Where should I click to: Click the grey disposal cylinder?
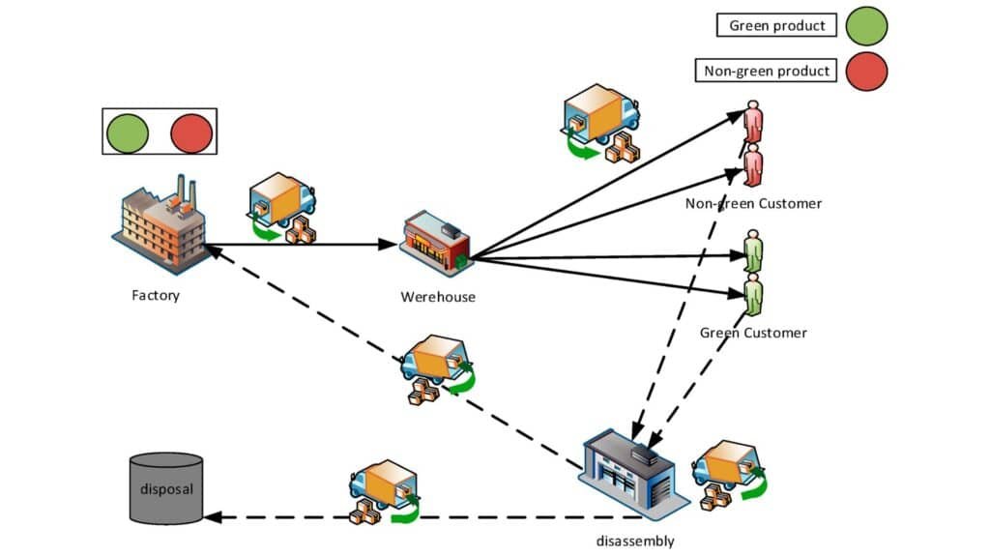pos(165,487)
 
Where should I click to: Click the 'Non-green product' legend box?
pos(766,71)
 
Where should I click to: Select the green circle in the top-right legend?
pos(865,26)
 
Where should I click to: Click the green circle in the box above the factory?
pos(128,132)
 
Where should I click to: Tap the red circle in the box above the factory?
pos(190,132)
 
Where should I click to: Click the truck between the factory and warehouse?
pos(282,207)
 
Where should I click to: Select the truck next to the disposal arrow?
pos(383,492)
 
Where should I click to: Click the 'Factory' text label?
pos(156,295)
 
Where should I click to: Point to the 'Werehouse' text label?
pos(438,297)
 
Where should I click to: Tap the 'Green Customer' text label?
pos(753,333)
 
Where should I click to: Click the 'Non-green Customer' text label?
pos(753,203)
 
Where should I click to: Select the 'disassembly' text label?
pos(635,541)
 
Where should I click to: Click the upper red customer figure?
pos(753,122)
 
